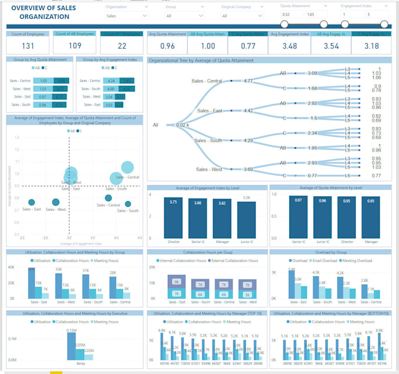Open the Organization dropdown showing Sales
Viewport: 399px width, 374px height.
tap(126, 16)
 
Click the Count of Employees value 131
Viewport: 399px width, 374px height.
tap(28, 46)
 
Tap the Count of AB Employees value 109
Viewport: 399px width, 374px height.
tap(75, 46)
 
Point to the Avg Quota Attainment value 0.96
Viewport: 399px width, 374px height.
tap(167, 46)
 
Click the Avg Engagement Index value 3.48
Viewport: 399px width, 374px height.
tap(289, 46)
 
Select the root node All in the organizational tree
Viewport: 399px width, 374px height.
tap(155, 125)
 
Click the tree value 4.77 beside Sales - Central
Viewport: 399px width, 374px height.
tap(248, 81)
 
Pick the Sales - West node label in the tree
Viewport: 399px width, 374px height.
tap(209, 169)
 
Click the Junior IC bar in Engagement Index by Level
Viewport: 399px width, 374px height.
tap(246, 219)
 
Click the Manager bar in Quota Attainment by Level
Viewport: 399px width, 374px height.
tap(370, 217)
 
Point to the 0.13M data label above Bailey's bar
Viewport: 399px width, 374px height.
tap(72, 331)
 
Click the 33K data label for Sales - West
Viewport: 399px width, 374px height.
tap(59, 269)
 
